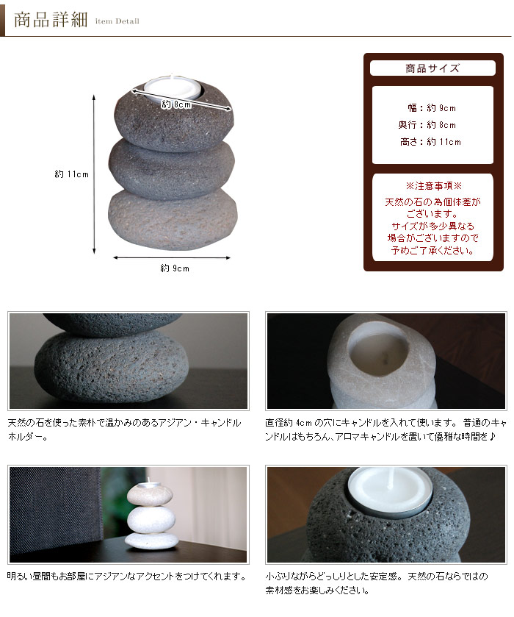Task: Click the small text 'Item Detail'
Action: [x=117, y=21]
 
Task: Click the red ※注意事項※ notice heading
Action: [x=432, y=187]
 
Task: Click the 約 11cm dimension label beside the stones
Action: [x=71, y=175]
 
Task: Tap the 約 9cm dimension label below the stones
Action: [x=175, y=268]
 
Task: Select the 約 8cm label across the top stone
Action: [x=177, y=104]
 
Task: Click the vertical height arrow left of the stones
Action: [x=94, y=174]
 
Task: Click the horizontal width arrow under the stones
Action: [x=172, y=258]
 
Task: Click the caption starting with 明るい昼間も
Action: [x=126, y=577]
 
